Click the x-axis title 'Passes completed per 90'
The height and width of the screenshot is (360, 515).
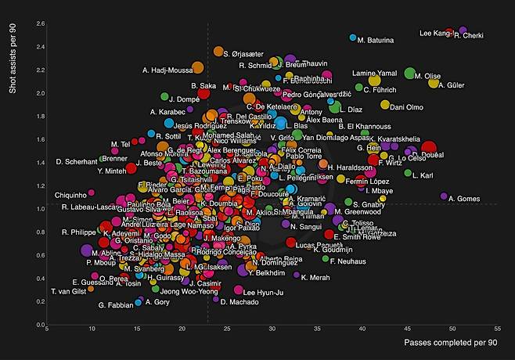451,343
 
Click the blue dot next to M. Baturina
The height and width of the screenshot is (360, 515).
353,38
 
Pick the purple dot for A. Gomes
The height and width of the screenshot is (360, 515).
444,196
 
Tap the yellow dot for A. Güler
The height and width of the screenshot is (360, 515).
434,82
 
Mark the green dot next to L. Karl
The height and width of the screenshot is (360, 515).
408,173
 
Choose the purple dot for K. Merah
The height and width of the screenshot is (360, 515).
297,275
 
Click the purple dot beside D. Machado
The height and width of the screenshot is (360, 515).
214,300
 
